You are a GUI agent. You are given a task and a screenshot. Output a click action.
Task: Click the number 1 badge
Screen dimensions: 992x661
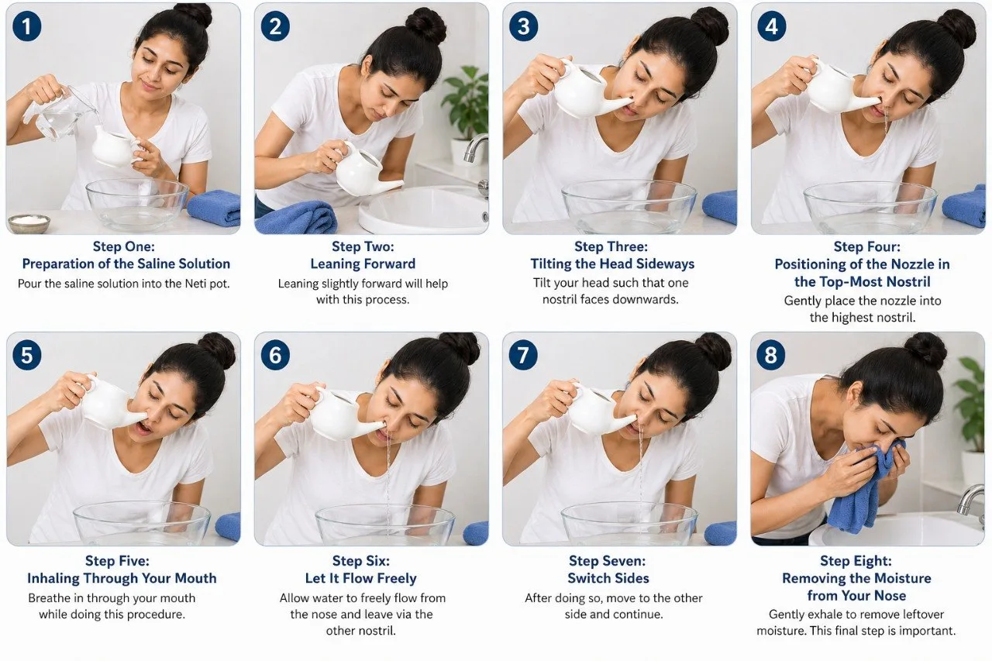(x=27, y=26)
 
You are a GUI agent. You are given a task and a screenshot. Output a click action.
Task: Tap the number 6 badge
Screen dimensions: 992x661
(x=275, y=355)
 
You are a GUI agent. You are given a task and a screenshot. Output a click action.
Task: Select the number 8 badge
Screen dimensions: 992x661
(x=771, y=355)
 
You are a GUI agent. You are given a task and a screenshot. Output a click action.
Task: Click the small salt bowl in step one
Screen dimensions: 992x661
(x=29, y=223)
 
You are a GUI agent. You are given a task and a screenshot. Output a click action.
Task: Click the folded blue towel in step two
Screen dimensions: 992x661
(x=296, y=218)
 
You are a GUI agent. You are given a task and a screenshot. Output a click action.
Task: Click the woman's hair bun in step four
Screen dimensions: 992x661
(x=959, y=27)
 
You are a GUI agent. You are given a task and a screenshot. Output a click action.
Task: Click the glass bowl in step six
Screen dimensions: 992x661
(x=384, y=525)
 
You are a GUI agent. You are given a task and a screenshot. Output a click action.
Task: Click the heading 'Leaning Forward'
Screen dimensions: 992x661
(x=363, y=264)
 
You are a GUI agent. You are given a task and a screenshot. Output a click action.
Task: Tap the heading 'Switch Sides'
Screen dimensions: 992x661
(x=608, y=578)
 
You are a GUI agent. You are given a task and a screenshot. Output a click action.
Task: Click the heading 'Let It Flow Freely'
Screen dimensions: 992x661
(x=361, y=578)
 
